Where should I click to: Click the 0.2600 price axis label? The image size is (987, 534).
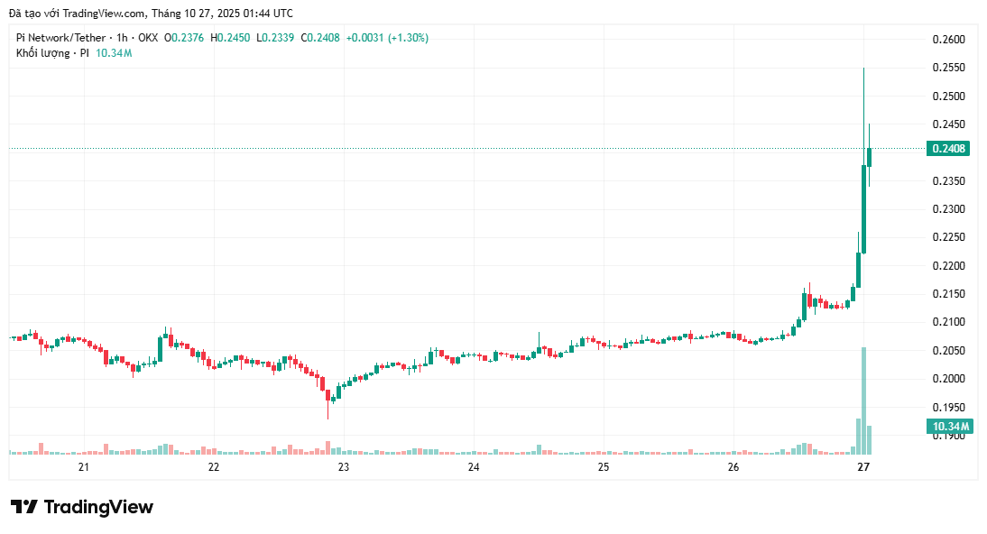click(x=947, y=40)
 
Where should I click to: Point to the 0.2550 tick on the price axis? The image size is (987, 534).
click(x=947, y=68)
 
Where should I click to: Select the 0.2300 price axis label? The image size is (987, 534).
click(x=947, y=209)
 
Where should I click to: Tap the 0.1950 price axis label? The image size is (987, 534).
click(x=947, y=407)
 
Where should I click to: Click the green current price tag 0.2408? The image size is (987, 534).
click(x=948, y=149)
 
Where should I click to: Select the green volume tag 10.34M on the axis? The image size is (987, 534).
click(x=950, y=427)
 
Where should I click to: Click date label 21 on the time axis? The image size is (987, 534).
click(x=84, y=467)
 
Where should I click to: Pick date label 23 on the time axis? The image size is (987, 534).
click(x=344, y=467)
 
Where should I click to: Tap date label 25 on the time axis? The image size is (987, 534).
click(x=604, y=467)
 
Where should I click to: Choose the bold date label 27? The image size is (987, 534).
click(x=863, y=467)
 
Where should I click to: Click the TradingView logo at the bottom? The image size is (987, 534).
click(x=82, y=507)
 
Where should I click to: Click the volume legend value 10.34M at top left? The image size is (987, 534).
click(x=114, y=53)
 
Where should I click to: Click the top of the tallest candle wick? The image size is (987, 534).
click(x=863, y=68)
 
